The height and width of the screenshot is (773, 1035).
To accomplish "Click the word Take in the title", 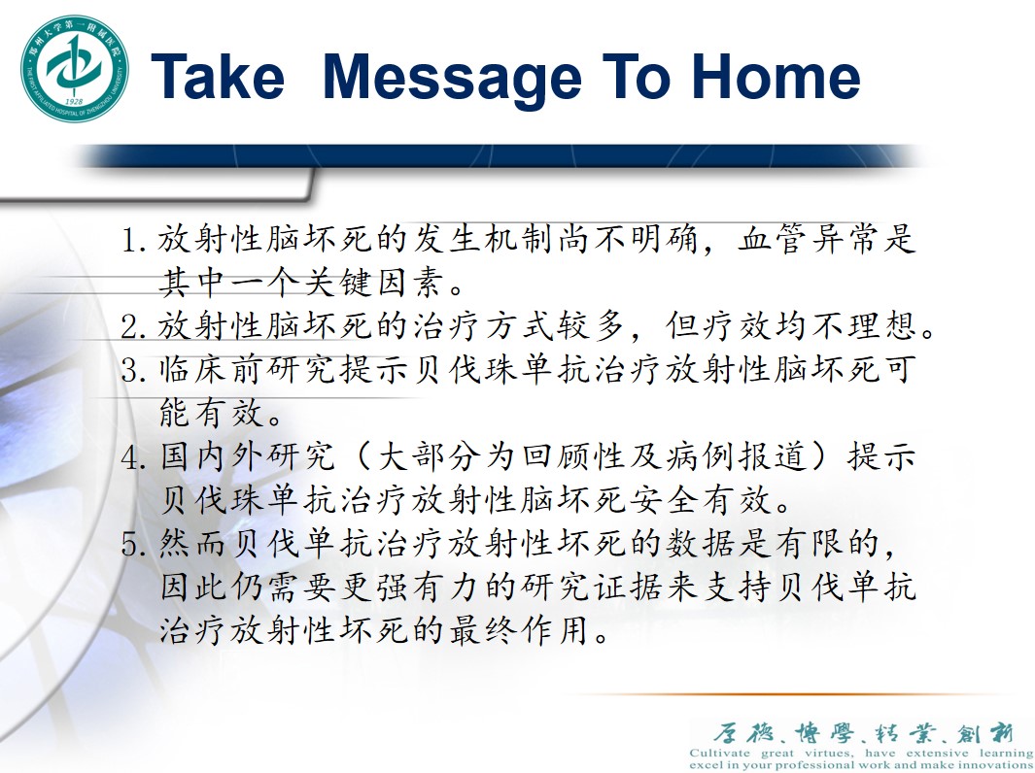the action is [218, 77].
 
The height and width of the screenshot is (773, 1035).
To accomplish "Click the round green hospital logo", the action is [74, 69].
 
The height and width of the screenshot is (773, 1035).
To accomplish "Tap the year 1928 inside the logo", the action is [74, 102].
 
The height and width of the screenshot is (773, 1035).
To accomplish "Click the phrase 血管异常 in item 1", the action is [809, 239].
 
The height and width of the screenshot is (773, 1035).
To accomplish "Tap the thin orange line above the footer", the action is [792, 694].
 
